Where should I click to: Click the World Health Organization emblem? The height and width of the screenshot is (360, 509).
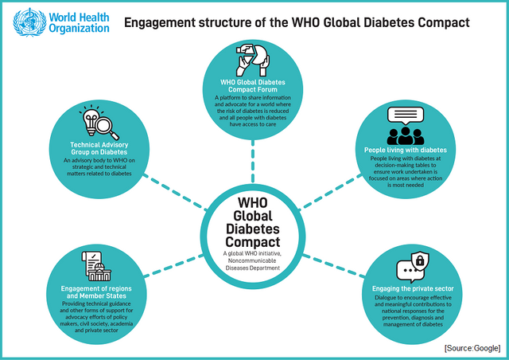pyautogui.click(x=29, y=22)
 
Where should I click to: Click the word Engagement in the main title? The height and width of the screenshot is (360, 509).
pyautogui.click(x=160, y=23)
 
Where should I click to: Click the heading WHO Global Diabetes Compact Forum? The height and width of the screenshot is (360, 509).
pyautogui.click(x=253, y=86)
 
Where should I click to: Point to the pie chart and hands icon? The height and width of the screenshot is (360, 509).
pyautogui.click(x=253, y=61)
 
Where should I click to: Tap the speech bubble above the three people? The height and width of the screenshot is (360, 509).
pyautogui.click(x=406, y=115)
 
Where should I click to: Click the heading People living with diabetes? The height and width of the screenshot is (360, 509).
pyautogui.click(x=406, y=150)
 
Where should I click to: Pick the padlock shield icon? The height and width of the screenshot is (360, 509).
pyautogui.click(x=420, y=260)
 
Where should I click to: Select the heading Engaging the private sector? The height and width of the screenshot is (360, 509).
pyautogui.click(x=413, y=289)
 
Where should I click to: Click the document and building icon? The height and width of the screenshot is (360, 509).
pyautogui.click(x=96, y=266)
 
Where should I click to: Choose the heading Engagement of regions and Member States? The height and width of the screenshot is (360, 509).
pyautogui.click(x=96, y=292)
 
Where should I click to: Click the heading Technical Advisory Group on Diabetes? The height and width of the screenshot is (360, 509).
pyautogui.click(x=99, y=148)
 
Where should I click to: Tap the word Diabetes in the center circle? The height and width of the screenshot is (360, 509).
pyautogui.click(x=253, y=229)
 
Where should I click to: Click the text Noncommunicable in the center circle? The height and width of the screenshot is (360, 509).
pyautogui.click(x=252, y=260)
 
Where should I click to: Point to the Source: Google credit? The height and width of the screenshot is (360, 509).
pyautogui.click(x=472, y=348)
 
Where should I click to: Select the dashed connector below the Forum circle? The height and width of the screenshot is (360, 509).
pyautogui.click(x=253, y=161)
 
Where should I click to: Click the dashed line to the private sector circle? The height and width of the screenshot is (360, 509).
pyautogui.click(x=334, y=266)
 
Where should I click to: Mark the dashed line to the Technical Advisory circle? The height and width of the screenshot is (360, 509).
pyautogui.click(x=175, y=192)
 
